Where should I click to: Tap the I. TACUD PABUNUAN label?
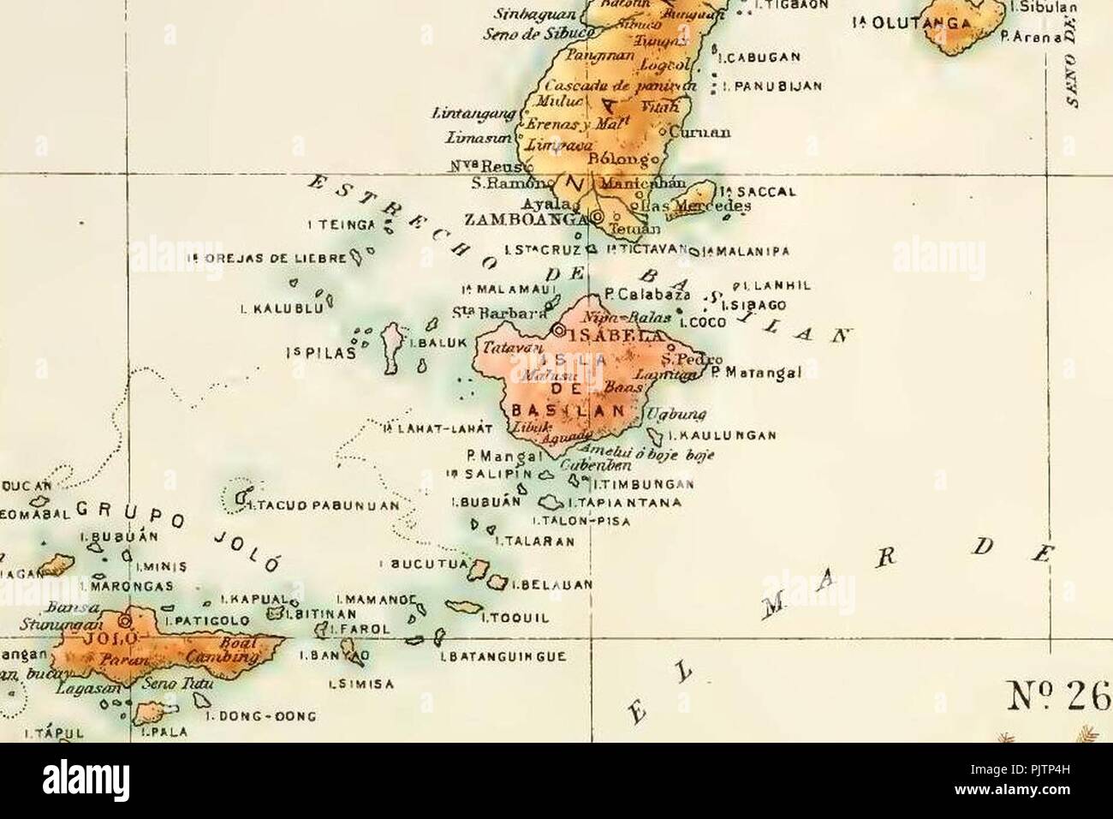(324, 505)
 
